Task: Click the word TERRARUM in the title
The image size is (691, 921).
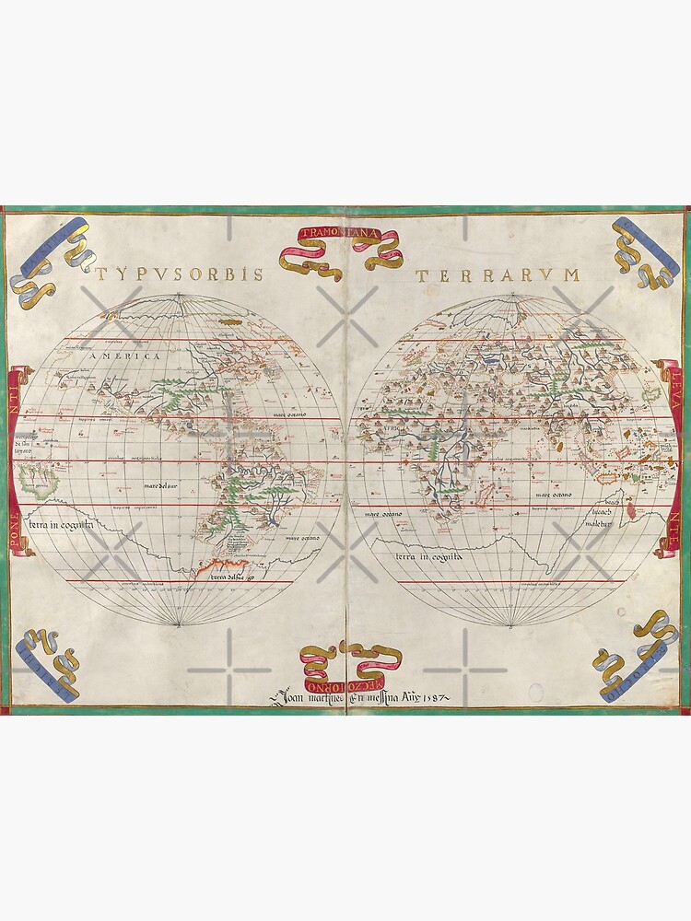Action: pyautogui.click(x=498, y=274)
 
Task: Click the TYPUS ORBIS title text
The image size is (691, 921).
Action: pyautogui.click(x=179, y=274)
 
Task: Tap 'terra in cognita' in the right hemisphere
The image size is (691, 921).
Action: pyautogui.click(x=429, y=557)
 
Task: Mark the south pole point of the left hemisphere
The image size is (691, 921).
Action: pyautogui.click(x=179, y=626)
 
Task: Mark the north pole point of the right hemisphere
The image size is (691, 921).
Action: pyautogui.click(x=513, y=295)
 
